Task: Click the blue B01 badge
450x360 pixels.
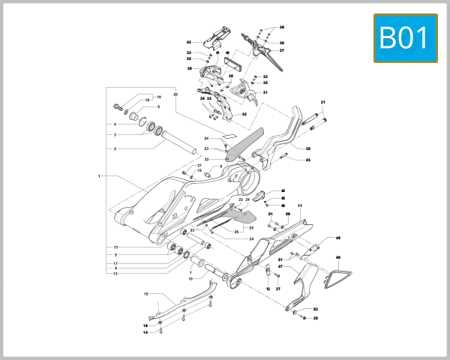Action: (x=406, y=37)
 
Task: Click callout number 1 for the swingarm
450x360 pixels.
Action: (x=99, y=176)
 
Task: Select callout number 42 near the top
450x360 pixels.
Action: (x=190, y=42)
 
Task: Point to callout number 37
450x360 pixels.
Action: (x=282, y=51)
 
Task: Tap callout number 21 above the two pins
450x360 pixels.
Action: (x=324, y=102)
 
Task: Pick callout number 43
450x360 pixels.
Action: (x=307, y=160)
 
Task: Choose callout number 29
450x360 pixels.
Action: (x=307, y=148)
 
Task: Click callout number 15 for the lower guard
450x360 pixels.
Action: (x=146, y=294)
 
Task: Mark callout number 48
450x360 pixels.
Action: (x=338, y=258)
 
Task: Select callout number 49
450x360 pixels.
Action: (x=338, y=238)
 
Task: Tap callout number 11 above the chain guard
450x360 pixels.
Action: (x=299, y=205)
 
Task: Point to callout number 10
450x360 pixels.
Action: (x=190, y=279)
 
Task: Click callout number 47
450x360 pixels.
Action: (x=280, y=266)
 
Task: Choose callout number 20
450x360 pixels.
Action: (x=175, y=94)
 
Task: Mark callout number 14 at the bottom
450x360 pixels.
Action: (x=146, y=331)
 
